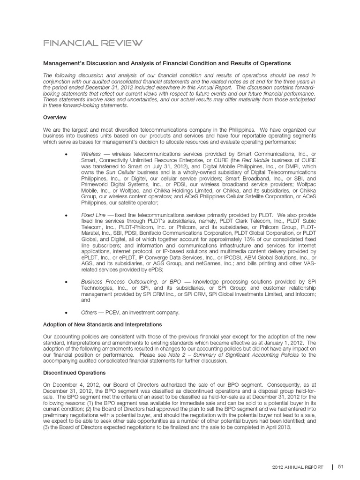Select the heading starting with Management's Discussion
coord(167,63)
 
